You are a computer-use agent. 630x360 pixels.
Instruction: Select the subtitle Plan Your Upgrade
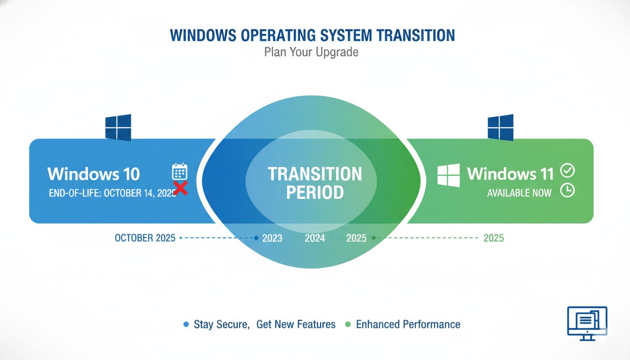tap(311, 52)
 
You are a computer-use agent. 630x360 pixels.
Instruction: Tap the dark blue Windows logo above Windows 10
tap(118, 127)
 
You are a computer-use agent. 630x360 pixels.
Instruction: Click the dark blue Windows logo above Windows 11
tap(500, 127)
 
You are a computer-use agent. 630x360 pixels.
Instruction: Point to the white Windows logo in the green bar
tap(449, 175)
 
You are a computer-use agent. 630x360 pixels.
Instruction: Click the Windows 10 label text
tap(94, 174)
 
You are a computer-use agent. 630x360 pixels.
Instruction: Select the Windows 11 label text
tap(510, 174)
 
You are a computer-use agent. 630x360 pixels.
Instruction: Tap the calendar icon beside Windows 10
tap(180, 172)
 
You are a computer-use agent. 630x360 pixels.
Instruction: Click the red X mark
tap(180, 188)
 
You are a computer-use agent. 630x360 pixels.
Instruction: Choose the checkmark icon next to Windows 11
tap(568, 171)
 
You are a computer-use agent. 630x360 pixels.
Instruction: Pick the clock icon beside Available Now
tap(568, 190)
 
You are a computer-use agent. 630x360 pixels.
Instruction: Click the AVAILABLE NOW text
tap(519, 193)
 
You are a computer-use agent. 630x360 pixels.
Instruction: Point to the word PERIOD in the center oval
tap(315, 192)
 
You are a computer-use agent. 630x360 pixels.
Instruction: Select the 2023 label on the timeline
tap(272, 238)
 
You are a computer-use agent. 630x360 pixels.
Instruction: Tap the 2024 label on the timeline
tap(315, 238)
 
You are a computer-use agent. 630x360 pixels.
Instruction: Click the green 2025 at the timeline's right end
tap(494, 238)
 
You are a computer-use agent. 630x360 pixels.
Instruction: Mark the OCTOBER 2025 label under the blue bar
tap(145, 238)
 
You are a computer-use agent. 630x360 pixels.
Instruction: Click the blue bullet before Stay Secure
tap(186, 324)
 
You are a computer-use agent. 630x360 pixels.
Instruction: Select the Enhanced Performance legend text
tap(408, 324)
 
